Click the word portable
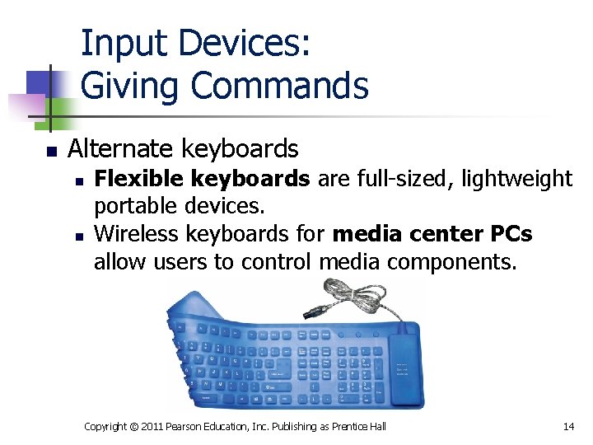point(131,206)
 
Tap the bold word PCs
point(511,235)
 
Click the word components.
point(446,262)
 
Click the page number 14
point(567,426)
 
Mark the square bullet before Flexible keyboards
point(77,180)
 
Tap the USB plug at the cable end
point(315,314)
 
